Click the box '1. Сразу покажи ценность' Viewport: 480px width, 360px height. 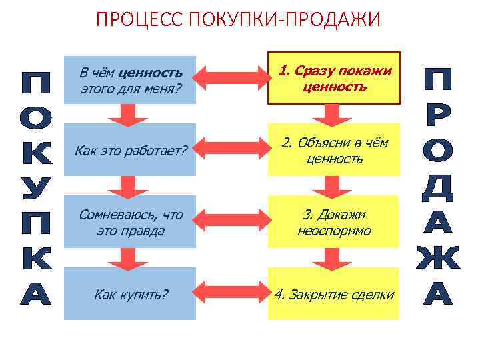(334, 79)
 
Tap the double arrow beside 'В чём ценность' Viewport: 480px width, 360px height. (233, 79)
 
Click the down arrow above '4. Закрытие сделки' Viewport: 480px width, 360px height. (333, 257)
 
